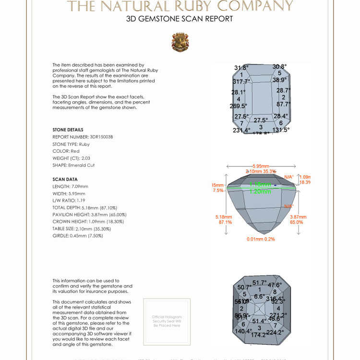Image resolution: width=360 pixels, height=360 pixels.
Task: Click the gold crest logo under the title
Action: click(180, 42)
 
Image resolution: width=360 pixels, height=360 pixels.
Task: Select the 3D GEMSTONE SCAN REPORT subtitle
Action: click(180, 19)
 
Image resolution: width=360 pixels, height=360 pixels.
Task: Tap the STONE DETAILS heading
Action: click(68, 130)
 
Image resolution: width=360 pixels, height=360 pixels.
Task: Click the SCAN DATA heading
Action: click(65, 180)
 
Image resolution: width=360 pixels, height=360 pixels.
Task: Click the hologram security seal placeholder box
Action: click(167, 321)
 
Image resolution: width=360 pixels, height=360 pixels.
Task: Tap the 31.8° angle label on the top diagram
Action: click(241, 68)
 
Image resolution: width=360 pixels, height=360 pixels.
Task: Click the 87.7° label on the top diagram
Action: click(283, 104)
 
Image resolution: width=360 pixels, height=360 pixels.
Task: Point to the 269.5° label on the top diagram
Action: click(239, 106)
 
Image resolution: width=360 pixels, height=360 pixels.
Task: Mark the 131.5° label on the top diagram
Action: click(281, 130)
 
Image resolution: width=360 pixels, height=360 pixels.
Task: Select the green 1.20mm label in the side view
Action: click(260, 191)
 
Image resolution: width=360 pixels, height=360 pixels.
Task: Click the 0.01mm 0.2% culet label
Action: click(261, 239)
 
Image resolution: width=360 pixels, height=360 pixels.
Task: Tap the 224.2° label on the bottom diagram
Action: click(275, 332)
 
